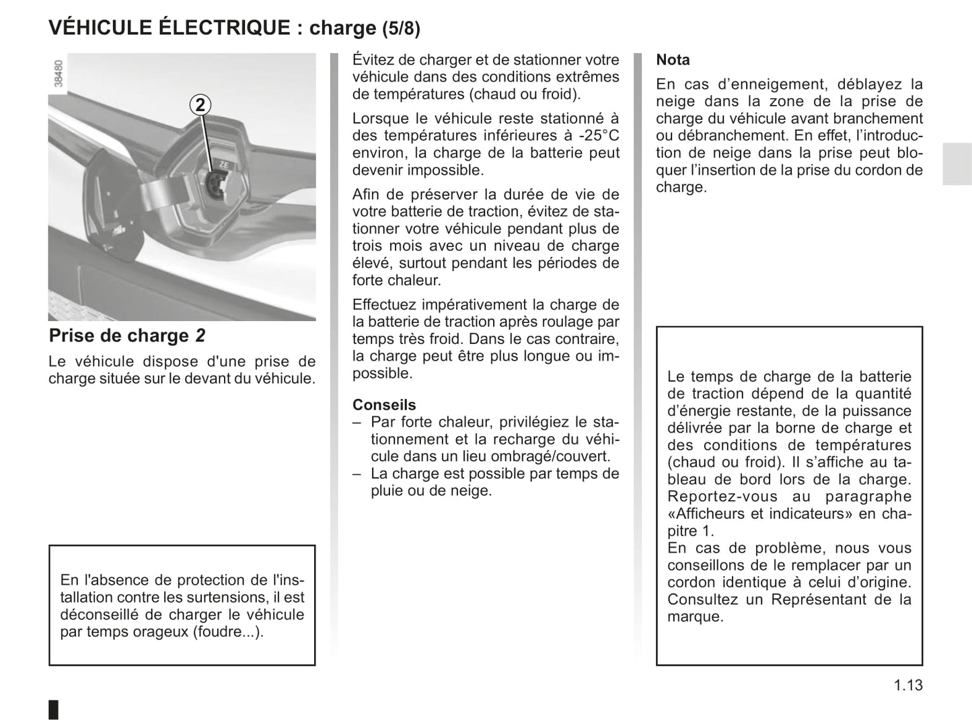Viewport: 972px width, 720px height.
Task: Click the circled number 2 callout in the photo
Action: [x=200, y=105]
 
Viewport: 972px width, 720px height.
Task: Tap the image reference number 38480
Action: [x=59, y=74]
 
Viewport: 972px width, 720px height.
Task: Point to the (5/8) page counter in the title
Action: [x=401, y=28]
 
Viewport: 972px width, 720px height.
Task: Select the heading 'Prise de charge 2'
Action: [x=127, y=336]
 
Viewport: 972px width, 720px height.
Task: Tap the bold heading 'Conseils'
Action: [x=384, y=405]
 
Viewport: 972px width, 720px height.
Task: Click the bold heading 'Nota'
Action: [x=673, y=60]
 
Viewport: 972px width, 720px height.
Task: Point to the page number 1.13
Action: [x=908, y=686]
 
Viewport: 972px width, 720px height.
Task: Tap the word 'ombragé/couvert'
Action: [x=553, y=456]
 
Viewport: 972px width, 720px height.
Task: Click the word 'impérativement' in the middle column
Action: [x=450, y=305]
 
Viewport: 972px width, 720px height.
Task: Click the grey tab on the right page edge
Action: [x=957, y=164]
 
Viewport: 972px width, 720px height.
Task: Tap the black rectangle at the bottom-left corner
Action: [x=54, y=709]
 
